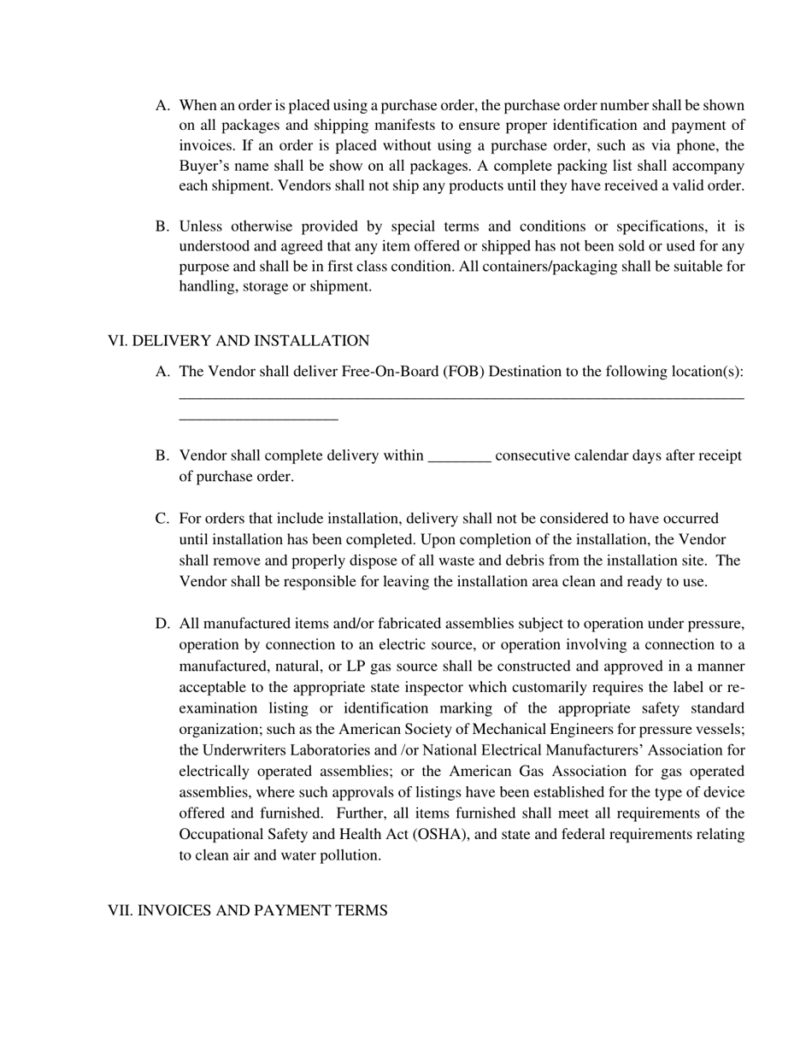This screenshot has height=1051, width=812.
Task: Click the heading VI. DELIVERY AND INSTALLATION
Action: click(x=238, y=341)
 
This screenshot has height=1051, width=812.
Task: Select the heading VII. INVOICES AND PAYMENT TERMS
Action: click(x=247, y=910)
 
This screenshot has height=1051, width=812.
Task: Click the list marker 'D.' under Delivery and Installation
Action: click(x=162, y=624)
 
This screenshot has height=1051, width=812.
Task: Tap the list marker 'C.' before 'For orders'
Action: click(x=162, y=519)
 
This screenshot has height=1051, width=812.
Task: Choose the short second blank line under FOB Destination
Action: click(x=258, y=419)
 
